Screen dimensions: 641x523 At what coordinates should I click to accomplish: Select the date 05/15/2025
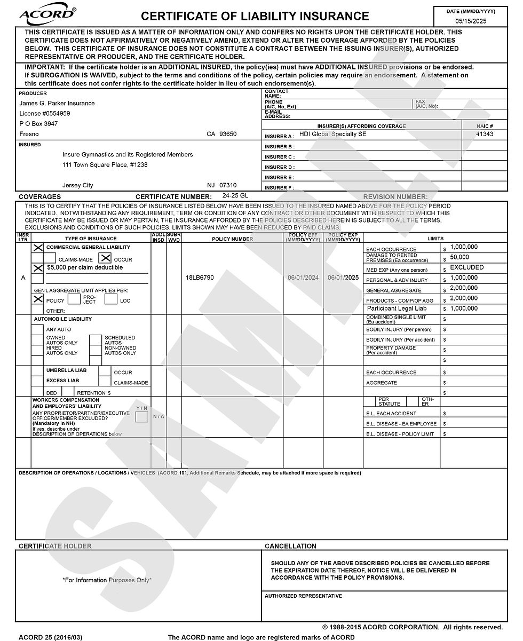[470, 21]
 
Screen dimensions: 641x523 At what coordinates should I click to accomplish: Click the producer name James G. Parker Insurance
[57, 103]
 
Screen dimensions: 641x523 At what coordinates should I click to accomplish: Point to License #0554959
[45, 113]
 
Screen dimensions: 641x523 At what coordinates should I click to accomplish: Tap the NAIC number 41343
[485, 134]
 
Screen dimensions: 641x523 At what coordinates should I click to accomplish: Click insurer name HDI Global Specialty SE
[332, 134]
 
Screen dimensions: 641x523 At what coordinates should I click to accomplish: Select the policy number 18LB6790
[200, 278]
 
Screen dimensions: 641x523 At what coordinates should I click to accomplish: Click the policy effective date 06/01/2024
[303, 278]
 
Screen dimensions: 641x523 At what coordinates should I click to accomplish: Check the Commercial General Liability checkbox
[38, 248]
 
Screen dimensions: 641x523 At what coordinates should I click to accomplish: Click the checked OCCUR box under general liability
[106, 258]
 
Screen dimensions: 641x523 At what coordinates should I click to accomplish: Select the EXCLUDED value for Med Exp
[466, 267]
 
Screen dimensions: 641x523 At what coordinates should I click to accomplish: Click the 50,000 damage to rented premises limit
[459, 257]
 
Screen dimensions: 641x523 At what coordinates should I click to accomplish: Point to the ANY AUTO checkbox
[37, 329]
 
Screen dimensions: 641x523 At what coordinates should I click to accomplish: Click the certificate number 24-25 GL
[235, 195]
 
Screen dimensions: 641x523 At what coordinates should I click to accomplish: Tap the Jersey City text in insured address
[77, 185]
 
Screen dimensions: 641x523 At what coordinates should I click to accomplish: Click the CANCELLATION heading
[290, 546]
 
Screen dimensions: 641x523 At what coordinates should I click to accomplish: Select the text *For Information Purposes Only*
[107, 580]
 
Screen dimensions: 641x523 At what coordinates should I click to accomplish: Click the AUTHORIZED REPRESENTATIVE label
[303, 596]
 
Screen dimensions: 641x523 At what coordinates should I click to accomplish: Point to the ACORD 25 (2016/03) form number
[51, 637]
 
